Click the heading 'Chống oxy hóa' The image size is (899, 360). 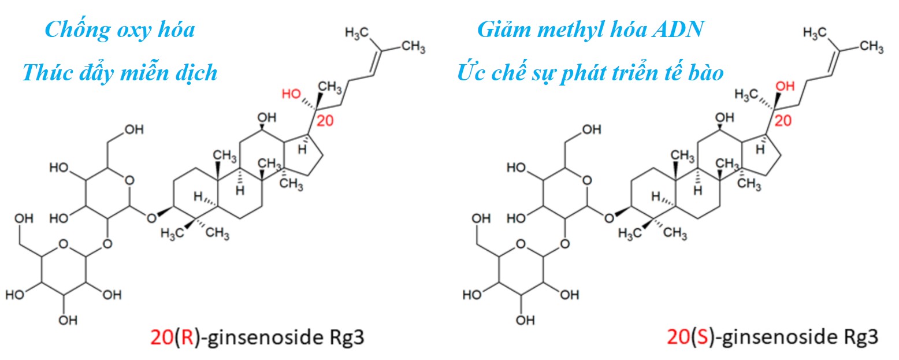tap(120, 29)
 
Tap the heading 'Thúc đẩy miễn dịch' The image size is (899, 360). tap(120, 73)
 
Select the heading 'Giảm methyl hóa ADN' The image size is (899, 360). tap(590, 29)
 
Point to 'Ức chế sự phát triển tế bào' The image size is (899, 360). tap(590, 73)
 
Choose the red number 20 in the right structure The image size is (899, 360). tap(784, 121)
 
